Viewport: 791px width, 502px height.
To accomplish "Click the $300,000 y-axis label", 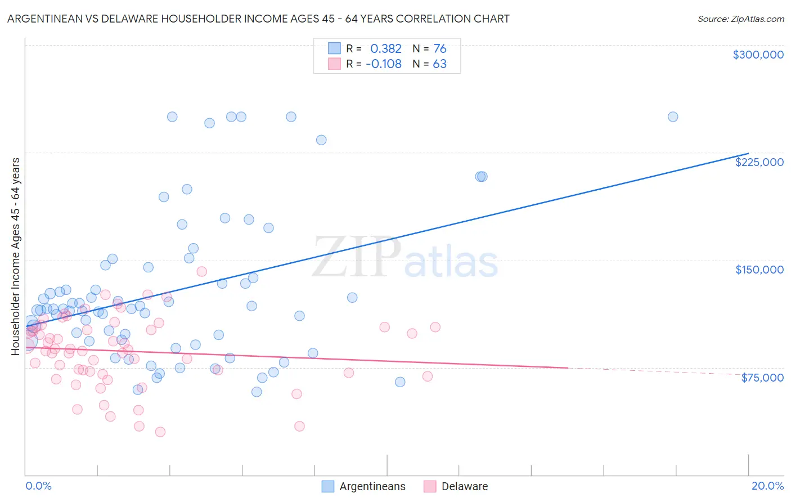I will point(758,55).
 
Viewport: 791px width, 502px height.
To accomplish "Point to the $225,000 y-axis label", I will point(759,162).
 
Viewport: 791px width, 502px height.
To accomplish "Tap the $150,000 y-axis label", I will point(759,270).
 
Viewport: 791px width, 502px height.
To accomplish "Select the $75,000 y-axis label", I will point(762,378).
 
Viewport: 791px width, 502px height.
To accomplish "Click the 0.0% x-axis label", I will point(38,486).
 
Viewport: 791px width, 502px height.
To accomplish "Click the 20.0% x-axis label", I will point(767,486).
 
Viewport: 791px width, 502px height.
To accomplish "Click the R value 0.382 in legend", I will point(385,48).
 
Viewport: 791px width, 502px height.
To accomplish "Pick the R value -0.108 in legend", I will point(383,64).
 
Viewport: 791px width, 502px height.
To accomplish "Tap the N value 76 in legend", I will point(439,48).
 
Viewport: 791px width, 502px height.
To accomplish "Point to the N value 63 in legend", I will point(439,64).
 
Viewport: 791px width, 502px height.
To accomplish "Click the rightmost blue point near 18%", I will point(672,117).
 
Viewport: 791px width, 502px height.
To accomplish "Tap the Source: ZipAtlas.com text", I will point(740,19).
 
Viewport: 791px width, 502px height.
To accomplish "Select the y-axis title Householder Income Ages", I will point(15,256).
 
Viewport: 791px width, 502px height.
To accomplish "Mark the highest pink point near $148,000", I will point(201,271).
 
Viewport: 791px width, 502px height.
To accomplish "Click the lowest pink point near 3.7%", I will point(160,432).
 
